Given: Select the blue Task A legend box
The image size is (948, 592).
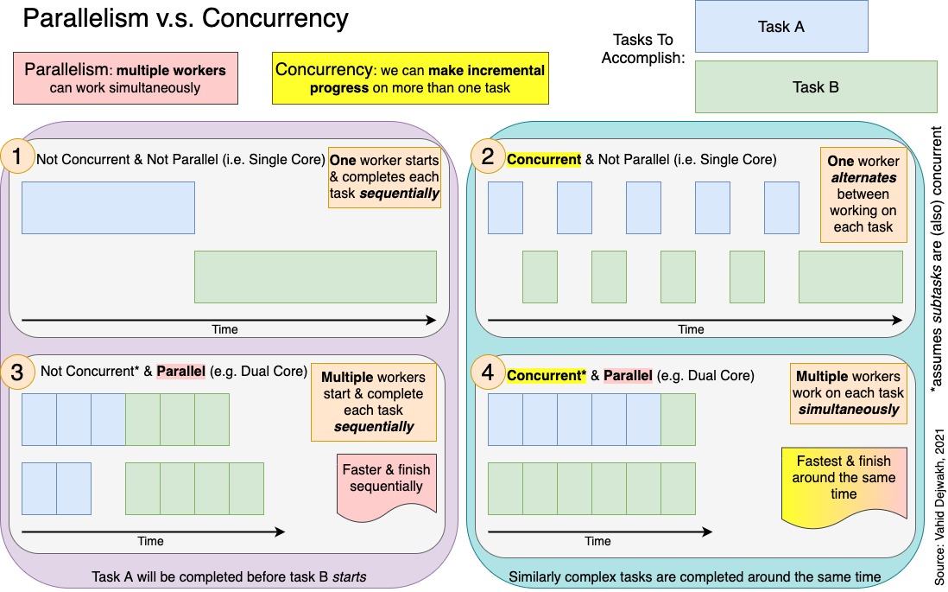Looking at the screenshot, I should point(781,27).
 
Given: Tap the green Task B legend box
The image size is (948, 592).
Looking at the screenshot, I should point(815,86).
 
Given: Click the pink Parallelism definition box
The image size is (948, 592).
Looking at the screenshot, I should point(124,78).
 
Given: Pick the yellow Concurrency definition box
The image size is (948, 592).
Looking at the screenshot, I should point(409,78).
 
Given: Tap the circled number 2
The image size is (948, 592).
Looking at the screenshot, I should point(487,157).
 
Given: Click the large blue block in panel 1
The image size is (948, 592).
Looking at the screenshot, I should point(108,207).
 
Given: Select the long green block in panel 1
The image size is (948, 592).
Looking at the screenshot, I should point(315,277).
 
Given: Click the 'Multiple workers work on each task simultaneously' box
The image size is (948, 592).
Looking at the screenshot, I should point(848,392).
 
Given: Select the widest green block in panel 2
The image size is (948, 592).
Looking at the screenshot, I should point(850,277).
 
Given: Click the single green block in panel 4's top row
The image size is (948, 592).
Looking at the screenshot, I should point(678,419).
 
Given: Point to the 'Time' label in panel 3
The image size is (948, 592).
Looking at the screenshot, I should point(150,542).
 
